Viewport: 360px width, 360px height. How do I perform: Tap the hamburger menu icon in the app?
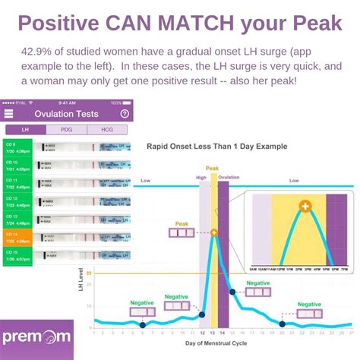(8, 114)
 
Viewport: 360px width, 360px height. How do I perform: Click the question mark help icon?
(125, 114)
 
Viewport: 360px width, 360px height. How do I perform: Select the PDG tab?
(66, 130)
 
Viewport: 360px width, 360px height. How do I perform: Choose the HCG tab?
(109, 130)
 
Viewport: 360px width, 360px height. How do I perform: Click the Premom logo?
(36, 335)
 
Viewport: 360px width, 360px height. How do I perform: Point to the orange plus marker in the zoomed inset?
(304, 207)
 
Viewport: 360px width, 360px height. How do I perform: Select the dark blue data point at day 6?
(142, 325)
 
